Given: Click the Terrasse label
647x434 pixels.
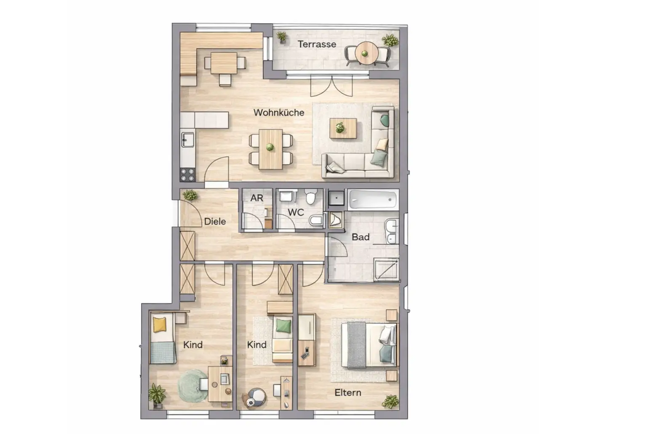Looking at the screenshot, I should point(317,44).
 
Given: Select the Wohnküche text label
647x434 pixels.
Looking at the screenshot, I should point(278,113).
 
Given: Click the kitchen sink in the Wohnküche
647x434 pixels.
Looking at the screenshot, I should point(187,139).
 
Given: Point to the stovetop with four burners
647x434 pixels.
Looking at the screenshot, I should point(187,174).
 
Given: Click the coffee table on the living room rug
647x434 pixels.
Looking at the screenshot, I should point(343,128).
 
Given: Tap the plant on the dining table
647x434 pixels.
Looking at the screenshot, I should point(270,147).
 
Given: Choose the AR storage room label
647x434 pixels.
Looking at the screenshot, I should point(257,198).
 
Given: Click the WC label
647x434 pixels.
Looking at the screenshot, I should point(296,212).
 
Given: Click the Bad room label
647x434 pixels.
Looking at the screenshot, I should point(361,237).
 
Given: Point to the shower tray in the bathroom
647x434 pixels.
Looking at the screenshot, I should point(386,269).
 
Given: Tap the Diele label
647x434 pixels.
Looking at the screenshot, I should point(215,221).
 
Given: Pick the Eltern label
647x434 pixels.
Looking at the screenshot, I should point(348,392).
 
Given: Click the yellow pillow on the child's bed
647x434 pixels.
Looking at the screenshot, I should point(160,324).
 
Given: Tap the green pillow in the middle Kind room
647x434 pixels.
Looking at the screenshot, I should point(283,325).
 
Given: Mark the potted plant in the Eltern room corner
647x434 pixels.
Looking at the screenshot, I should point(390,401).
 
